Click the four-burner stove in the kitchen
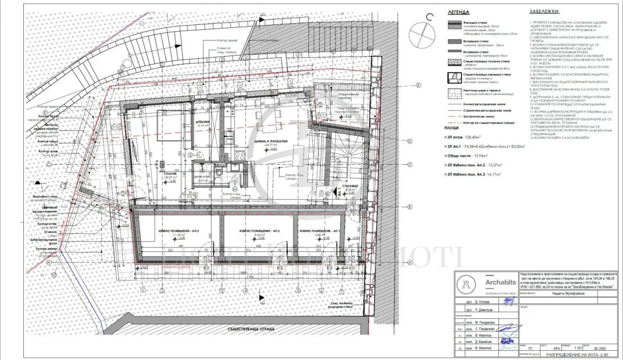pos(240,155)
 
